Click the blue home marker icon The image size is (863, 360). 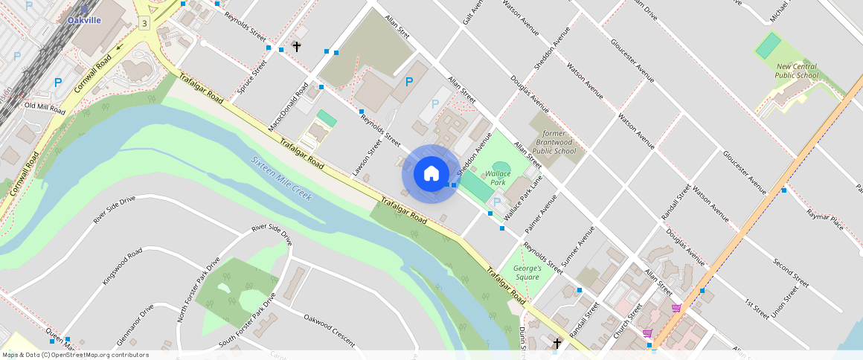(x=431, y=174)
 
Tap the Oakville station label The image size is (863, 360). (x=84, y=20)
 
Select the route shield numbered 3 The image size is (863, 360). (x=144, y=24)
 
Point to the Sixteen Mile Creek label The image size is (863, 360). (x=280, y=179)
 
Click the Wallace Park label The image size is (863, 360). (x=495, y=177)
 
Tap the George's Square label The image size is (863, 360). (x=527, y=272)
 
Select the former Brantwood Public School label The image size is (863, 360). (x=555, y=142)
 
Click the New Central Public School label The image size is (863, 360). (x=795, y=71)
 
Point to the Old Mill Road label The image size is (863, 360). (x=45, y=108)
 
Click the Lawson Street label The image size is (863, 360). (x=368, y=158)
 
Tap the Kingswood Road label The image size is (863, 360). (x=122, y=263)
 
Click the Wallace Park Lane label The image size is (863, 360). (x=523, y=197)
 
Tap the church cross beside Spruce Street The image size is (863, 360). (x=296, y=46)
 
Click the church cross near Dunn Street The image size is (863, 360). (x=557, y=343)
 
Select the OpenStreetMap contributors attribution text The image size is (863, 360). (x=74, y=355)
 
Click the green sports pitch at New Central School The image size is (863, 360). (x=769, y=46)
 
